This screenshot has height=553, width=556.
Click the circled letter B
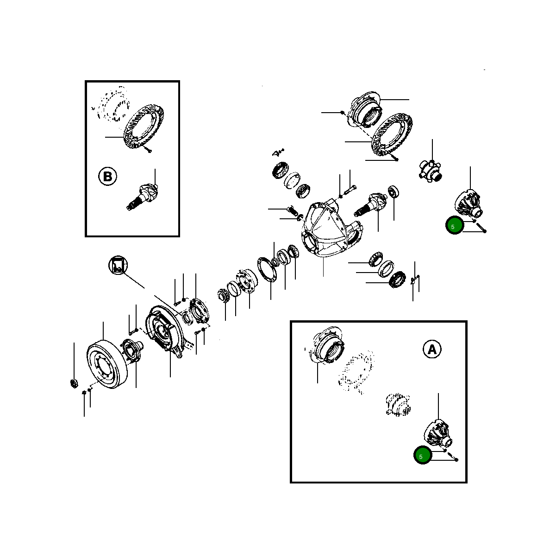tap(107, 176)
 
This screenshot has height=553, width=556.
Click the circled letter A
tap(431, 350)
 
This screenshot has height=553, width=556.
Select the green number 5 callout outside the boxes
tap(455, 225)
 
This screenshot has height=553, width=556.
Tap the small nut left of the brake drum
tap(74, 383)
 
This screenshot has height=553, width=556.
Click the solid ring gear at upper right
tap(392, 134)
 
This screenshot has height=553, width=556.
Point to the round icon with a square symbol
tap(118, 265)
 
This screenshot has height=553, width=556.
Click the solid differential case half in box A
tap(437, 433)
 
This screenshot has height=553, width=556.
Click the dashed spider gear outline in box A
tap(398, 404)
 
